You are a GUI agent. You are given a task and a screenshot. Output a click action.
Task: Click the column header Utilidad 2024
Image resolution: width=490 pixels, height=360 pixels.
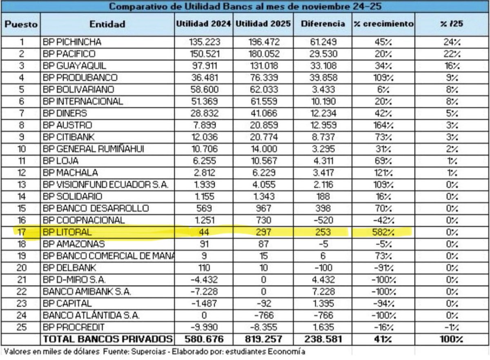203,24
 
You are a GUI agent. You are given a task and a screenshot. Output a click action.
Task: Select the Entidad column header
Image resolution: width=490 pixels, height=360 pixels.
107,24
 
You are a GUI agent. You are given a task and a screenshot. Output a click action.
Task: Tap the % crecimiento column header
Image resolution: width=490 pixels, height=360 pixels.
383,24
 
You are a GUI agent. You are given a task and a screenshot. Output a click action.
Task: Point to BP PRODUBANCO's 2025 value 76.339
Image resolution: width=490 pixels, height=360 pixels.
263,78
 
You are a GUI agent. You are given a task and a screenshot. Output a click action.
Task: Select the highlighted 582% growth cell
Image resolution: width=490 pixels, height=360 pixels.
383,232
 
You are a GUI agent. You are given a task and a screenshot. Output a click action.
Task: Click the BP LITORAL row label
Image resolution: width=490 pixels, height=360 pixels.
67,232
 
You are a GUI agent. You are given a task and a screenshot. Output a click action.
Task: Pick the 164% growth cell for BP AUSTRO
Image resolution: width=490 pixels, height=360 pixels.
383,125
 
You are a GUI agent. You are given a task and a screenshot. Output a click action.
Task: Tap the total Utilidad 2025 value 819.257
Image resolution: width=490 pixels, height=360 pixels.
263,339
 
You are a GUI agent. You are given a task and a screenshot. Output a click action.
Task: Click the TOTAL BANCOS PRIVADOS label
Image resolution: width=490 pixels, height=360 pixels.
108,339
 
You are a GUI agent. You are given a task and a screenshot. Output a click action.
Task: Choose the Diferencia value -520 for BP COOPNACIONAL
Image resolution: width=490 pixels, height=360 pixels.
323,220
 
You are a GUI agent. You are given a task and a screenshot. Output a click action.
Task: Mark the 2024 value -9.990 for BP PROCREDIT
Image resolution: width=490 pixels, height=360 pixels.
203,327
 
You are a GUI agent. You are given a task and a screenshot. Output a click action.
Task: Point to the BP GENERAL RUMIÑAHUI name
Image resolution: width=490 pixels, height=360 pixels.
96,149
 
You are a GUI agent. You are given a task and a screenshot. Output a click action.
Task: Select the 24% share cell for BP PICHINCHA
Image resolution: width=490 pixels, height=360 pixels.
452,42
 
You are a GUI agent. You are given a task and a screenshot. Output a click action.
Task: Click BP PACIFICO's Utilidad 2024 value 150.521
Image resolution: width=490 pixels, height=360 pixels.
203,53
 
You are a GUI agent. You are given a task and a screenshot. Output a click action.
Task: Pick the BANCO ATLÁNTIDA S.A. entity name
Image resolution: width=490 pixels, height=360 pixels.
91,316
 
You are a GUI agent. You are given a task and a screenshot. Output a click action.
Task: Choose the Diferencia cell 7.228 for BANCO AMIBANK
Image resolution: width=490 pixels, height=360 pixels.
323,292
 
